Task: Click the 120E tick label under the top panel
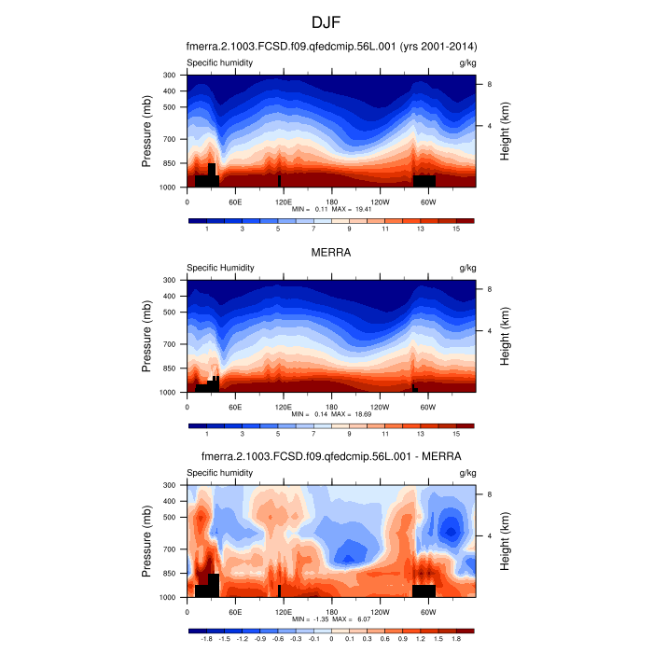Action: coord(284,201)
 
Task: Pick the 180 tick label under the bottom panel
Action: coord(331,611)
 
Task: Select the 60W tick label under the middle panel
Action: coord(427,407)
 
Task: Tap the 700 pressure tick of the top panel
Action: coord(170,139)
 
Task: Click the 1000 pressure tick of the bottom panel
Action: coord(168,597)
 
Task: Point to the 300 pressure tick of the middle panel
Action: coord(170,280)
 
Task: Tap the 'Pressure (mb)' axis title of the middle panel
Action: coord(147,336)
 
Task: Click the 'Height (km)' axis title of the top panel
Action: coord(505,131)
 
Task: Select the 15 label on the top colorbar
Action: coord(456,229)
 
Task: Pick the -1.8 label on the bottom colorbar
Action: coord(206,639)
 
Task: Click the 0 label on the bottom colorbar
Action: coord(331,639)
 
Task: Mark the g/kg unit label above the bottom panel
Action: coord(467,473)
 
